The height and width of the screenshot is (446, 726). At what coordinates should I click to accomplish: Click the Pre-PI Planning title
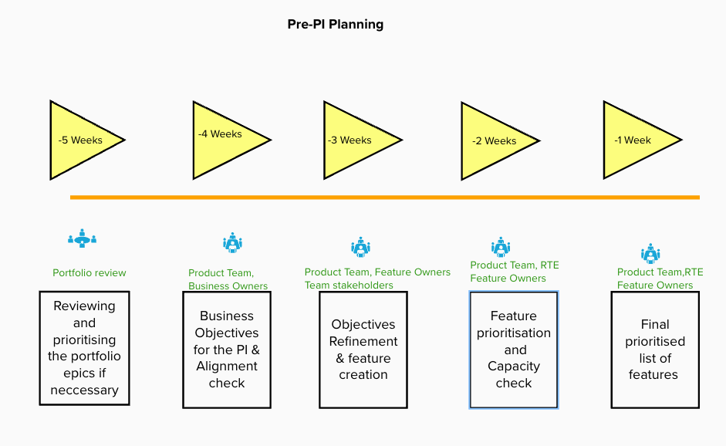click(335, 24)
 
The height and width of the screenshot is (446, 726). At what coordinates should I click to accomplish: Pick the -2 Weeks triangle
click(494, 141)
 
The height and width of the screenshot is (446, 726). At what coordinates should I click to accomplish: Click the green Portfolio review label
click(89, 272)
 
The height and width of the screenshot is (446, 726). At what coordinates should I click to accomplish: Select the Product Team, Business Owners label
click(228, 279)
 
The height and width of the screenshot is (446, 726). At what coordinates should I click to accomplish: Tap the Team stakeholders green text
click(349, 285)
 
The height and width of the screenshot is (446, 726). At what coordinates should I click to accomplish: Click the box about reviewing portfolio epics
click(84, 347)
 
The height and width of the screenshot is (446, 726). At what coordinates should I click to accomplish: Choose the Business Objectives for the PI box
click(227, 349)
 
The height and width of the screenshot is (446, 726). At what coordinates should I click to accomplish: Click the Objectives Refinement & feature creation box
click(363, 349)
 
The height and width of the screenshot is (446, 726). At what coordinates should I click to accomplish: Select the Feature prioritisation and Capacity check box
click(514, 349)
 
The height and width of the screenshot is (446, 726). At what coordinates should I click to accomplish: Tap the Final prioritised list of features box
click(654, 349)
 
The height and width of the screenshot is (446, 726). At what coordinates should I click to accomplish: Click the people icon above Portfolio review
click(82, 238)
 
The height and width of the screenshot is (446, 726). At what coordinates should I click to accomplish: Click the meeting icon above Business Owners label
click(232, 243)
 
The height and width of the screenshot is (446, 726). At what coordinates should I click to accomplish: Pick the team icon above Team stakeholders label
click(360, 248)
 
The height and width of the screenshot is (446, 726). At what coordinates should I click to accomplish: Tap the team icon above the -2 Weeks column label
click(501, 248)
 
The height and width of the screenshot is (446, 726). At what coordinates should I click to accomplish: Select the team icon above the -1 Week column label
click(650, 253)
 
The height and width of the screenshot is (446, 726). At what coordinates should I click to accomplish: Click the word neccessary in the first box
click(84, 390)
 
